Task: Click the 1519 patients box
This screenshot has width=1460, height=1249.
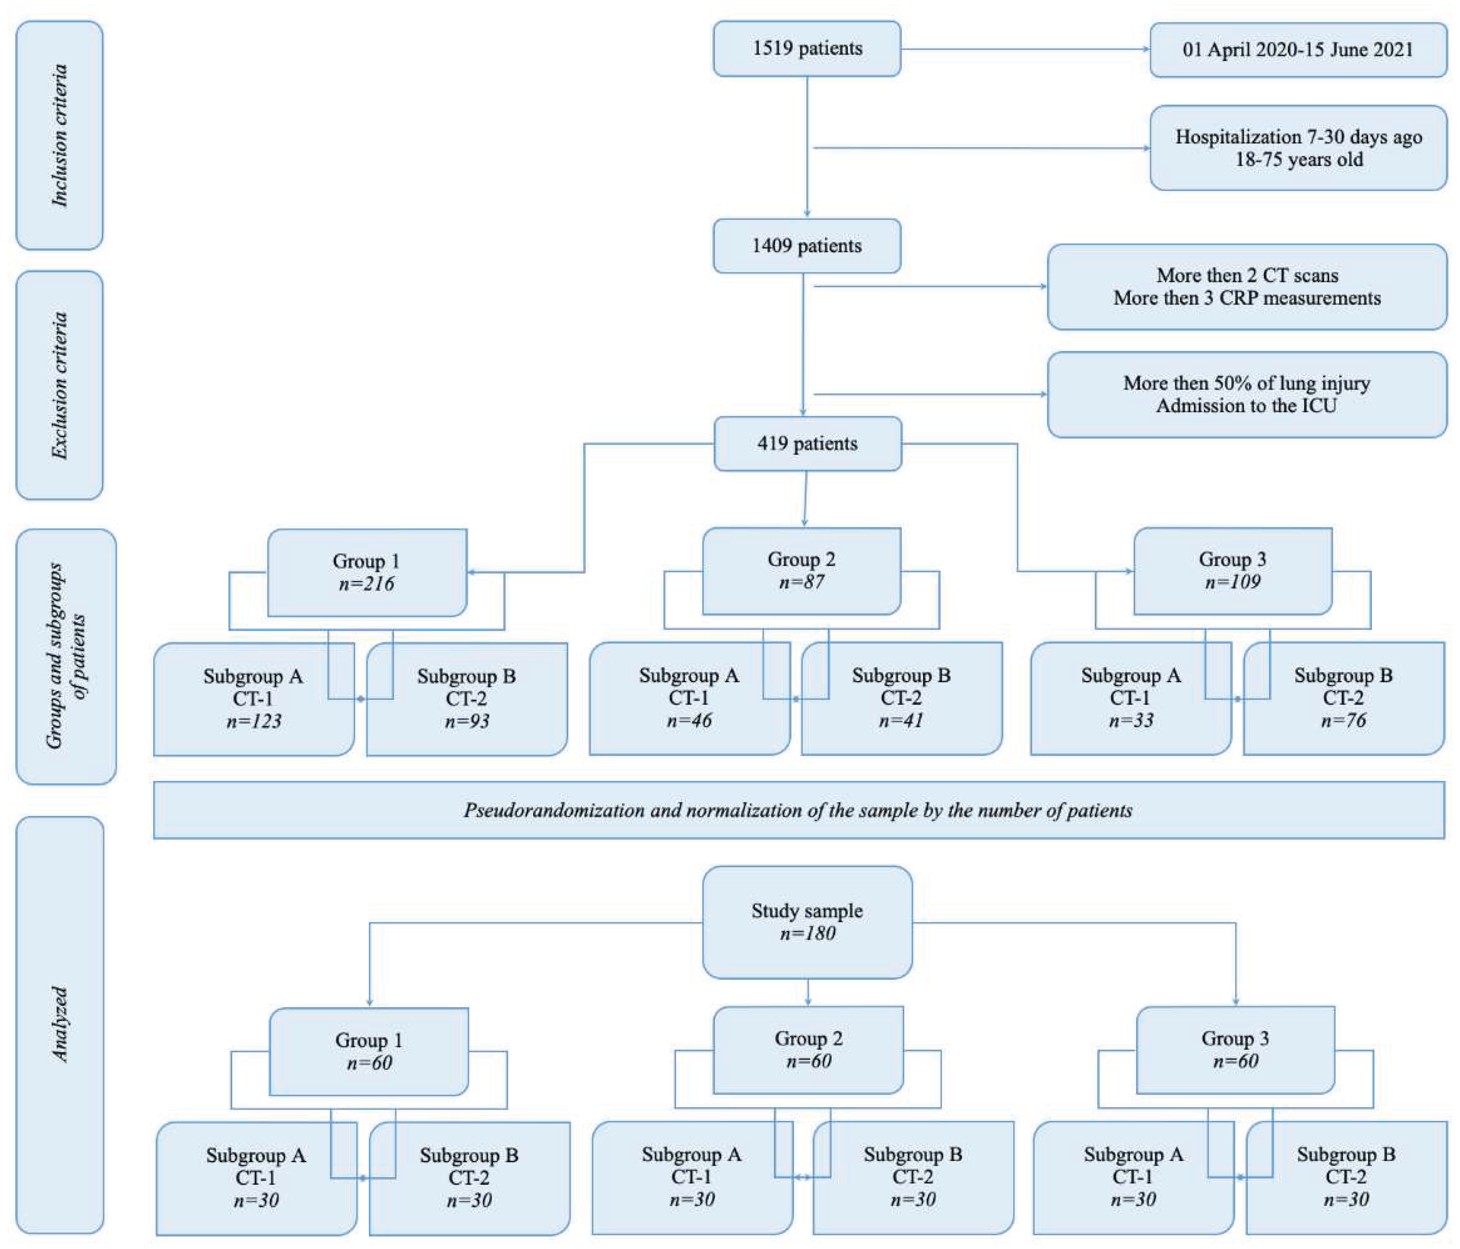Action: coord(807,49)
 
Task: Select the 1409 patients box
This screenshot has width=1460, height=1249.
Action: coord(807,246)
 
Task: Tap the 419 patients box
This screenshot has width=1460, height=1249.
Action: coord(807,444)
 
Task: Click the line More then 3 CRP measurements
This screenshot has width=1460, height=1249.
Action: coord(1247,298)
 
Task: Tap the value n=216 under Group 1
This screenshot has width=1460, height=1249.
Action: coord(366,584)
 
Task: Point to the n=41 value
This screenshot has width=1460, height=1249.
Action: coord(901,721)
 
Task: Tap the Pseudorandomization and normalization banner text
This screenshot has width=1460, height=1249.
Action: coord(798,810)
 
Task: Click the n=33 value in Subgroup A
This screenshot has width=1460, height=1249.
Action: coord(1130,721)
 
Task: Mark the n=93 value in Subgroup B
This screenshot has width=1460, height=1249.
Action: coord(466,721)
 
